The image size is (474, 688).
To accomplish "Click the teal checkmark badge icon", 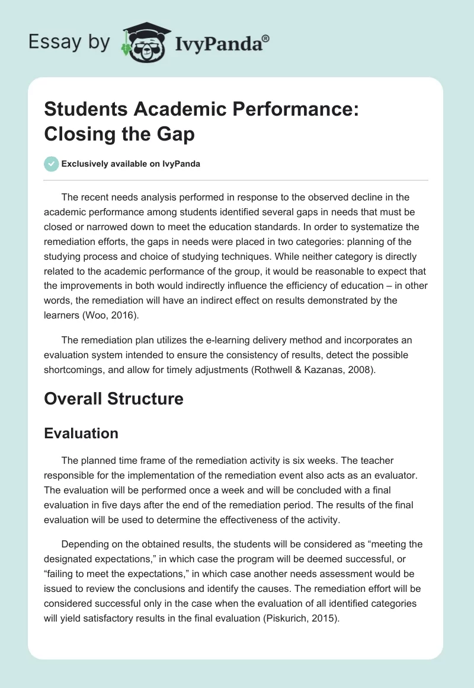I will coord(52,164).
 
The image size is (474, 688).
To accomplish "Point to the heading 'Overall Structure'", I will coord(114,399).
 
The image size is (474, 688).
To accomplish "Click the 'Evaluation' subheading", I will coord(81,434).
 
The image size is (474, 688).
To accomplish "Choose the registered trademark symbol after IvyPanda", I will coord(266,38).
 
